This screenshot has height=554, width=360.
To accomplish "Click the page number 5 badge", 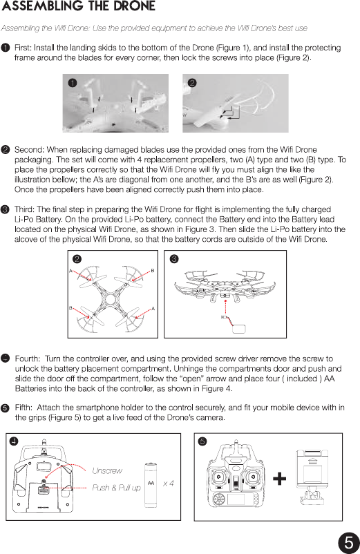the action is point(349,542).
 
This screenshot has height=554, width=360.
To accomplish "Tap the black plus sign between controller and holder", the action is point(279,479).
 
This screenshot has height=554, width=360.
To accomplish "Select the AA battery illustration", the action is point(151,485).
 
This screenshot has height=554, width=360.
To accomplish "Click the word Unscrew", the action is point(107,470).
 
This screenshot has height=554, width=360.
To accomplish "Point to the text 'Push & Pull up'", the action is point(116,488).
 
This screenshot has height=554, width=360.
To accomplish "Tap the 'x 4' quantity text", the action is point(168,484).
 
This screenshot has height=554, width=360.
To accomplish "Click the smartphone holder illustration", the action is point(312,477).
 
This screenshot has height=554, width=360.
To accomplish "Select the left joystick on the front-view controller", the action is point(218,477).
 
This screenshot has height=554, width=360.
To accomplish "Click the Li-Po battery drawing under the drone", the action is point(239,328).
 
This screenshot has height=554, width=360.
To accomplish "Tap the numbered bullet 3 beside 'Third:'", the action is point(6,209).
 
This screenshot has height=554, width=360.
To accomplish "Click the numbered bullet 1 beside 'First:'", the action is point(6,48).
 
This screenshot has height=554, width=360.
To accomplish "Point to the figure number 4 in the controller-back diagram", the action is point(13,441).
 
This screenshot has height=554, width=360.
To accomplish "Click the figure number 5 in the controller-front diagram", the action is point(202,441).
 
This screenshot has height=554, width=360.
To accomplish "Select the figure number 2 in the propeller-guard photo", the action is point(192,83).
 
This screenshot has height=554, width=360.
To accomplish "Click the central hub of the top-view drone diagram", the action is point(110,299).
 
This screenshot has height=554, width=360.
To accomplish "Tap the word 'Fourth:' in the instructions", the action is point(28,359).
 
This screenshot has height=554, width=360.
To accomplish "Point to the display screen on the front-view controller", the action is point(236,499).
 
